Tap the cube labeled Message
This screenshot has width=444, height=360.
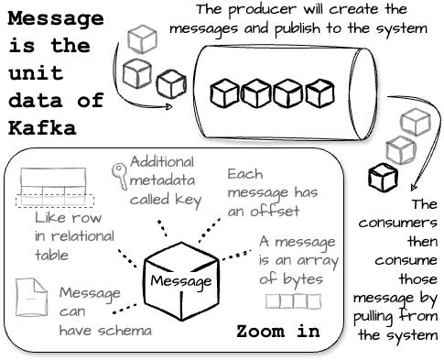[181, 278]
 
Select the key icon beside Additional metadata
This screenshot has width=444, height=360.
[119, 173]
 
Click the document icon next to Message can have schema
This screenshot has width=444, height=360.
[32, 300]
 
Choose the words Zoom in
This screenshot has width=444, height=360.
[277, 331]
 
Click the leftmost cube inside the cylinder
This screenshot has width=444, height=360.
[224, 92]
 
